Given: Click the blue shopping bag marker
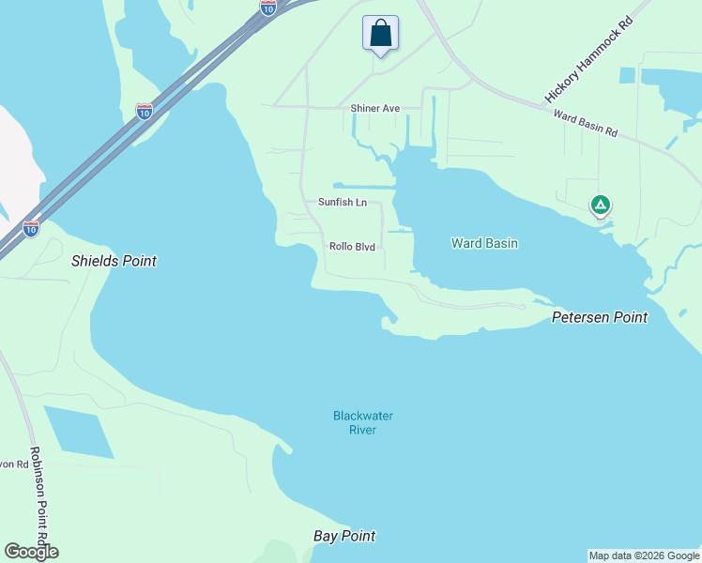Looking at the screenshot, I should tap(380, 34).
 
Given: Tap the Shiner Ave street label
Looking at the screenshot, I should tap(374, 109).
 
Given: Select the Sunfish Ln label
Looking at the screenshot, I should tap(342, 202).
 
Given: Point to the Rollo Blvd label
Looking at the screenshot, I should tap(352, 247).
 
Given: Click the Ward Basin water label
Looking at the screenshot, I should tap(484, 243).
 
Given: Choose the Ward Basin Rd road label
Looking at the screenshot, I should tap(586, 124).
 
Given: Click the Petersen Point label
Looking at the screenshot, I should tap(599, 317).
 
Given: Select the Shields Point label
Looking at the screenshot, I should tap(114, 261).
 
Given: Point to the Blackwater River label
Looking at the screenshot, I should tap(362, 422).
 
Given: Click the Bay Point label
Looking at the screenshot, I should tap(343, 536).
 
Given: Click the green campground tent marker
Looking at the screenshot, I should tap(600, 205).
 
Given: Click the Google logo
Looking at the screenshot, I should tap(31, 552).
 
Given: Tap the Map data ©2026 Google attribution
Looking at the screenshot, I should tap(644, 555).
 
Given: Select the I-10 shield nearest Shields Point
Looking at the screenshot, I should tap(31, 228).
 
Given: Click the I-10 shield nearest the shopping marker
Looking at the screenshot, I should tap(268, 8).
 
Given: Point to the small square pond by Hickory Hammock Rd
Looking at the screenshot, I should tap(628, 75).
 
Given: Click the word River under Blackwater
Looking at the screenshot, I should tap(362, 430).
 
